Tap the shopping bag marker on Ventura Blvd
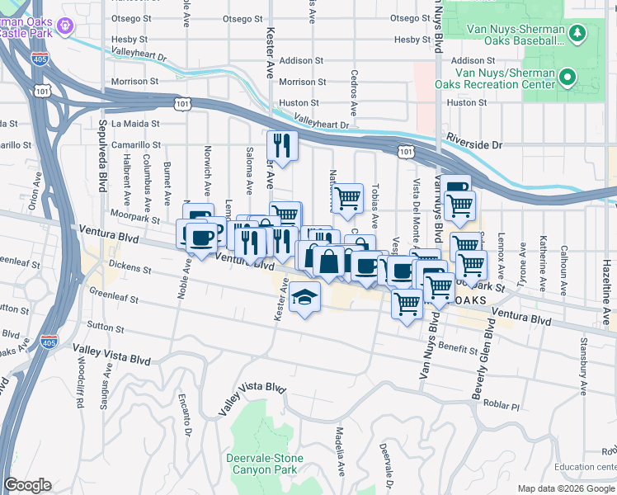[x=328, y=262]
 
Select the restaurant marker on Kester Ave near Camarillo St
[x=282, y=146]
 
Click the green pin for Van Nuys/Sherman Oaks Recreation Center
[x=568, y=79]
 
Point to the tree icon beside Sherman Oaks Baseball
[x=578, y=33]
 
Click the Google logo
[x=27, y=485]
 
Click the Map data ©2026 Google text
[x=566, y=488]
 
